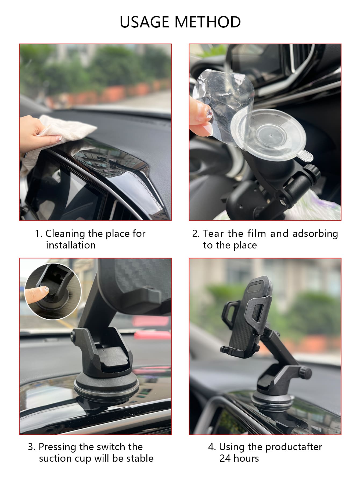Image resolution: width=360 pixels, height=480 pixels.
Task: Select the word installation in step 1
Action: coord(71,245)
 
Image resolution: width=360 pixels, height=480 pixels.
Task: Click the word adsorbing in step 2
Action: coord(315,234)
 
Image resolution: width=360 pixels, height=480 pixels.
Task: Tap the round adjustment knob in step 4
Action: coord(305,372)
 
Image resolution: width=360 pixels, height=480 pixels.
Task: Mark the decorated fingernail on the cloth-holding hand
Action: coord(60,138)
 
